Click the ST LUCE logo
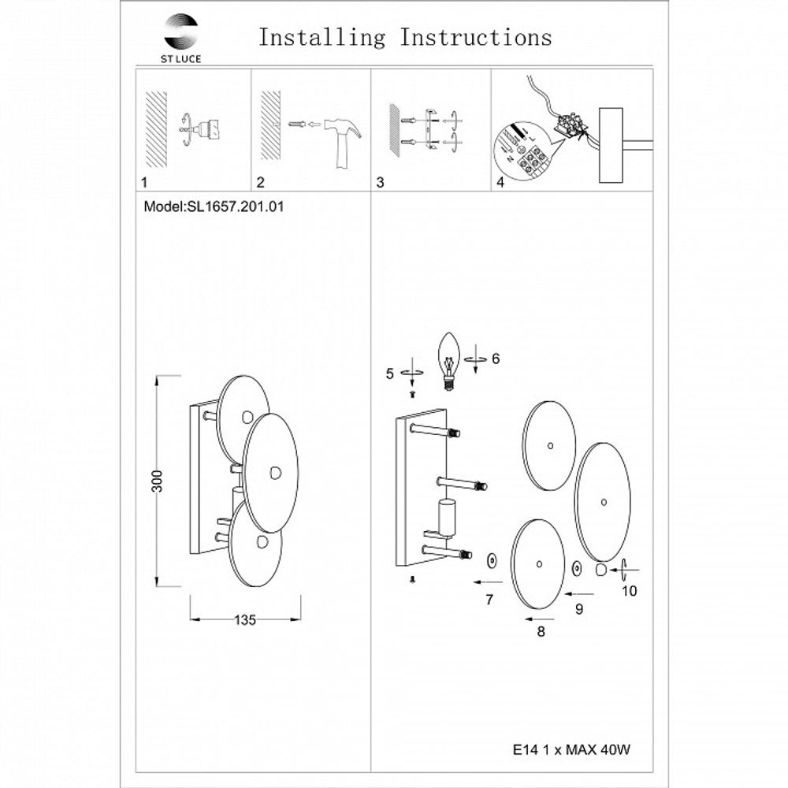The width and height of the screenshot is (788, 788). [180, 39]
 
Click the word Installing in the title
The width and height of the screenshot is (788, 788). [322, 38]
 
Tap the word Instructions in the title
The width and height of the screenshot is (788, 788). [476, 37]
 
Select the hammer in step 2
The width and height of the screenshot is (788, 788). [343, 143]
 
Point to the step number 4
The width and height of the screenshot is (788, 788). [500, 182]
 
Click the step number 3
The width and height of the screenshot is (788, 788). [380, 183]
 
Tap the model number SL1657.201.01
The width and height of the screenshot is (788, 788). [235, 206]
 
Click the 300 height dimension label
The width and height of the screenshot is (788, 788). [158, 481]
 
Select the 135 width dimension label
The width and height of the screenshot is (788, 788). [245, 620]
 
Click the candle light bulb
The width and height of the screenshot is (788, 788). [450, 361]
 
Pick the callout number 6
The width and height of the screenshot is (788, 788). [496, 359]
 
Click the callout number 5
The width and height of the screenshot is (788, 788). [390, 374]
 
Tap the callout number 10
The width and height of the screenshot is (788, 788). [630, 591]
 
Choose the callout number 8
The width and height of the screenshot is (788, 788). [541, 631]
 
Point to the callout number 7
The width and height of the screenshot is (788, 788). [489, 600]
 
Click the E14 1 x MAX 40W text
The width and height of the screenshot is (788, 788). [571, 750]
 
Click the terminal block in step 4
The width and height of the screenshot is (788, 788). [571, 126]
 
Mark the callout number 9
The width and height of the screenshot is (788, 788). [579, 609]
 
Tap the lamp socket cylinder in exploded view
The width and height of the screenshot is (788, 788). [445, 519]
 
